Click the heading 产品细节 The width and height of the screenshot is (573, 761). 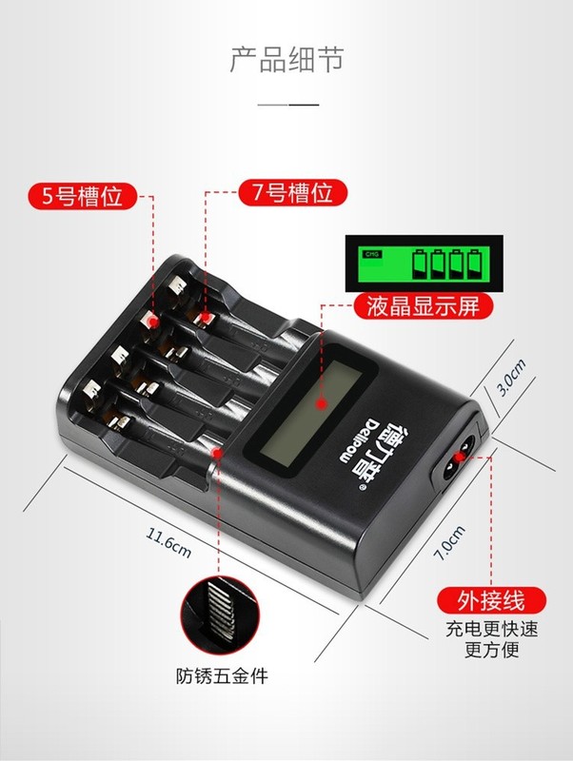tap(286, 58)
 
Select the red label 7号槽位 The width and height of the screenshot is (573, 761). tap(286, 193)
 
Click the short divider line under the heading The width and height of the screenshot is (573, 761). tap(286, 102)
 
